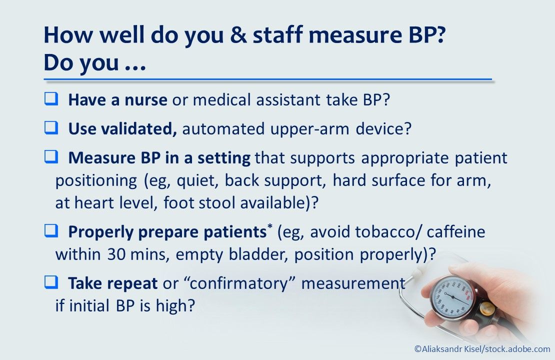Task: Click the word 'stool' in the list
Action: click(252, 203)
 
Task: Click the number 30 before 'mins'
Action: click(113, 254)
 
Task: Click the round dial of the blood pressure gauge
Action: click(451, 295)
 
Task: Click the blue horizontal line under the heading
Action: click(268, 79)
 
